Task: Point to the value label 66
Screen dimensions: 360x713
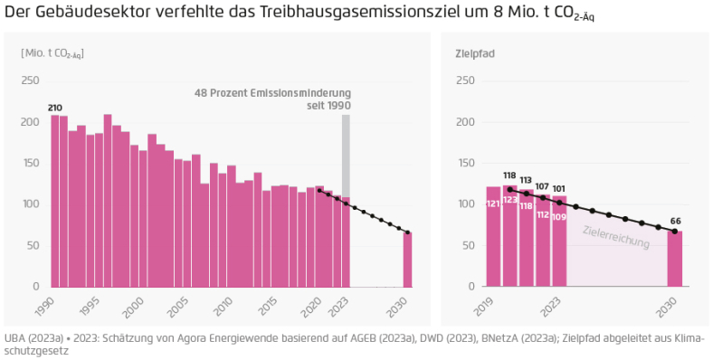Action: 674,220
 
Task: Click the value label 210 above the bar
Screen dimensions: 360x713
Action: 55,109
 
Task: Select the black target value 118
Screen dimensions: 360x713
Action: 509,175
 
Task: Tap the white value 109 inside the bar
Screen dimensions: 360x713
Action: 559,217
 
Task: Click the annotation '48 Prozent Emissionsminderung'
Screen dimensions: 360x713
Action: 272,93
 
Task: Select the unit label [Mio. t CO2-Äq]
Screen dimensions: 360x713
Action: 52,52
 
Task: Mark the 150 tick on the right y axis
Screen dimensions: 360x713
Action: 463,163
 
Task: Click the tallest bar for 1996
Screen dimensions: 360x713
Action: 108,200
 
